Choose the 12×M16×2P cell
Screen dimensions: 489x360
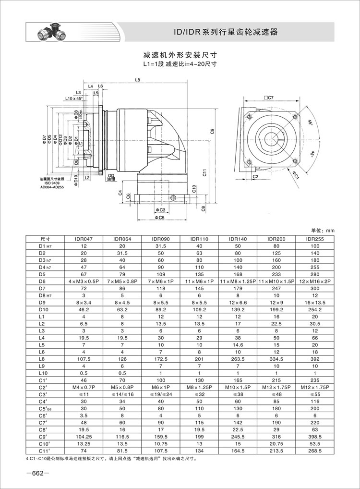(x=316, y=280)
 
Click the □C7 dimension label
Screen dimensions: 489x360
(x=268, y=98)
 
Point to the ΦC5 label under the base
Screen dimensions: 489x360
(x=160, y=218)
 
